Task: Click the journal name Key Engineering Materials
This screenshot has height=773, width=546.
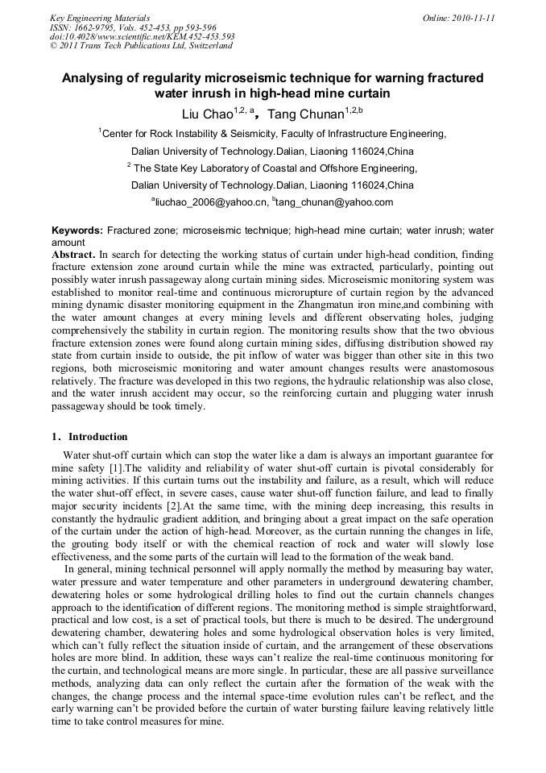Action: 100,18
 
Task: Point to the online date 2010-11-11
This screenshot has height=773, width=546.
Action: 470,18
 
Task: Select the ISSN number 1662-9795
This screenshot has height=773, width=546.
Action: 91,27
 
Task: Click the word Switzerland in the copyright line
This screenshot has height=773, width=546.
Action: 209,46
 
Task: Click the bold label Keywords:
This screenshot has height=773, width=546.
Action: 77,231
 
